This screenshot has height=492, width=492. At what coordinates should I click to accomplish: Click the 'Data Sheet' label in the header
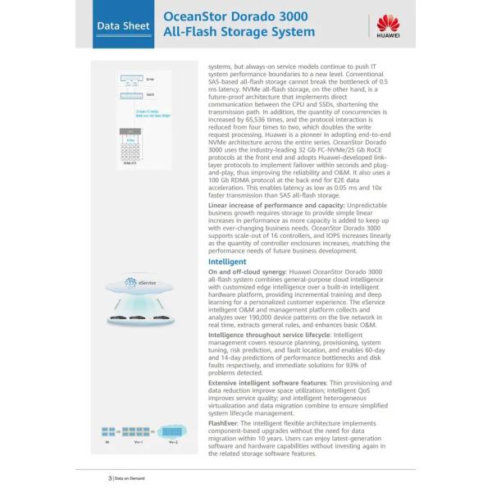pos(123,26)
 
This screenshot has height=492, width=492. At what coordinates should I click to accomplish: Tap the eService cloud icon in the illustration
pos(139,283)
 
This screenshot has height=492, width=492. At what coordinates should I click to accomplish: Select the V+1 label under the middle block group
pos(139,442)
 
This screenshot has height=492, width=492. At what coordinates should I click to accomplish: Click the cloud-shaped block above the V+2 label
pos(172,430)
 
